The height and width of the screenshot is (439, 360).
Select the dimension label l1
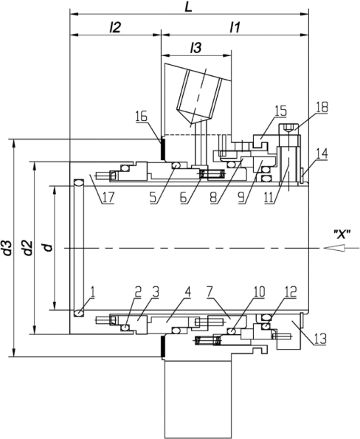pyautogui.click(x=235, y=27)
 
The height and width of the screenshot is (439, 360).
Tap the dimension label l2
pyautogui.click(x=115, y=27)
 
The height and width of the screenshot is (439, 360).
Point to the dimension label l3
pyautogui.click(x=195, y=48)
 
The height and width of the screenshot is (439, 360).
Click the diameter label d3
pyautogui.click(x=8, y=247)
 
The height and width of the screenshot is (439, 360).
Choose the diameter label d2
pyautogui.click(x=28, y=247)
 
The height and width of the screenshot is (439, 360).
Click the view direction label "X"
pyautogui.click(x=342, y=234)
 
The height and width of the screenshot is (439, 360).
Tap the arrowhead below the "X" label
pyautogui.click(x=334, y=248)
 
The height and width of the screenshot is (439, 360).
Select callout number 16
pyautogui.click(x=142, y=116)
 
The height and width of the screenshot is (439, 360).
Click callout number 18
pyautogui.click(x=322, y=107)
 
